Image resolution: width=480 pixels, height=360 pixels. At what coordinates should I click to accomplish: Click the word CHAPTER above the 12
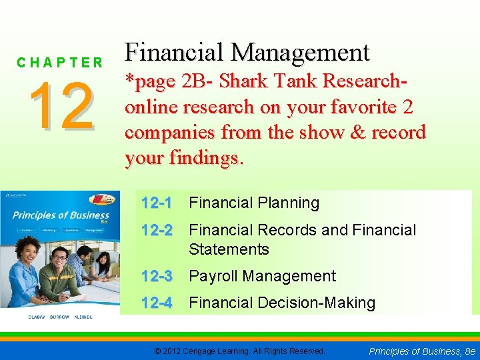click(60, 63)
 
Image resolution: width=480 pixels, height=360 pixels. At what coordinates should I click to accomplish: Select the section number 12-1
click(157, 203)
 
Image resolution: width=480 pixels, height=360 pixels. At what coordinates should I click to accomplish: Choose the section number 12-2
click(157, 230)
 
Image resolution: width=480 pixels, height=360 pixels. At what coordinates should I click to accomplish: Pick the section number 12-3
click(157, 276)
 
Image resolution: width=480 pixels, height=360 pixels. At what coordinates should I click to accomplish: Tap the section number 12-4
click(157, 303)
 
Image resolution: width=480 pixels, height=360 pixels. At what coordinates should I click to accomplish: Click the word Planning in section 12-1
click(285, 203)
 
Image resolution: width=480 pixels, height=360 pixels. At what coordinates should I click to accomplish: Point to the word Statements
click(229, 249)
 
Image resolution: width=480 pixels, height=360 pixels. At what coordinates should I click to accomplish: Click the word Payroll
click(217, 276)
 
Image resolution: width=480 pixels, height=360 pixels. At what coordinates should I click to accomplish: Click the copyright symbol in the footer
click(157, 351)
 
